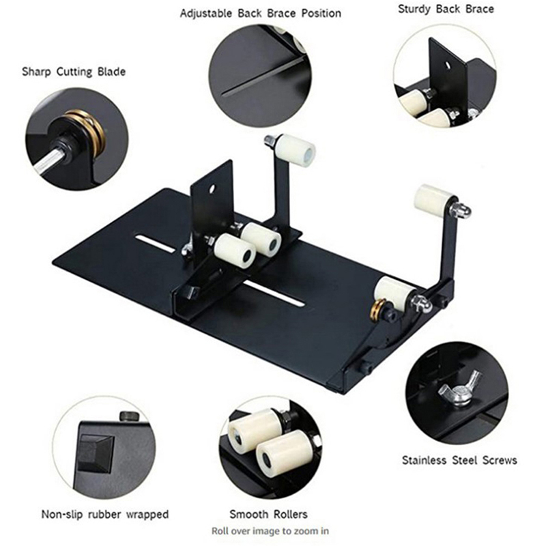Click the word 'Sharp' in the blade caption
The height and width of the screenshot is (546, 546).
pyautogui.click(x=36, y=72)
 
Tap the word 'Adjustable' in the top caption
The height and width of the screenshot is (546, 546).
pyautogui.click(x=206, y=14)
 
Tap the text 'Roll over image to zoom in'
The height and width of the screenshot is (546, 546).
pyautogui.click(x=270, y=531)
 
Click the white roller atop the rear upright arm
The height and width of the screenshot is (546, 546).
pyautogui.click(x=296, y=151)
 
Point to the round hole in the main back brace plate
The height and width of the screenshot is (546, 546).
pyautogui.click(x=211, y=190)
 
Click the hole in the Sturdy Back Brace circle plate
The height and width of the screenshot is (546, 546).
pyautogui.click(x=448, y=65)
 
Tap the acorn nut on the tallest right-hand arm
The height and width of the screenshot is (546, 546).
pyautogui.click(x=462, y=210)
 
